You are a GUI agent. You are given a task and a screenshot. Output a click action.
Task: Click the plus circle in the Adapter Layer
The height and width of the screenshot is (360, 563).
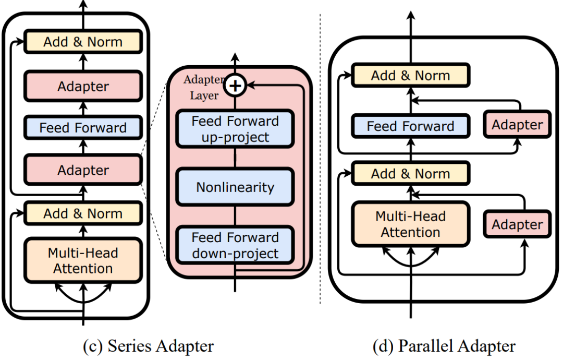pos(235,86)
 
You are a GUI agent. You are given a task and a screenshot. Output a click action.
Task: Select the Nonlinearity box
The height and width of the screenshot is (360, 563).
pos(235,187)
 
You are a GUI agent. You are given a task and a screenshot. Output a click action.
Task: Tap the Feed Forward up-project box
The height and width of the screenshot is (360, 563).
pos(235,129)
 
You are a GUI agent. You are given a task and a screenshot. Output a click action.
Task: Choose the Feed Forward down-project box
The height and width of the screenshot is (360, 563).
pos(235,245)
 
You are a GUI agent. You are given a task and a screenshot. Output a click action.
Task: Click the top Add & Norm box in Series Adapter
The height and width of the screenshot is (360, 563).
pos(83,42)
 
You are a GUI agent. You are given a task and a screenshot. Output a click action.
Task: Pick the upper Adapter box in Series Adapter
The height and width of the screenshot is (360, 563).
pos(83,86)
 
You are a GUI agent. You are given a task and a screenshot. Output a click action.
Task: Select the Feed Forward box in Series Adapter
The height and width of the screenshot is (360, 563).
pos(83,127)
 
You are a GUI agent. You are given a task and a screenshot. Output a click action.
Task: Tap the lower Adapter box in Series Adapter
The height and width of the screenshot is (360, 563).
pos(83,170)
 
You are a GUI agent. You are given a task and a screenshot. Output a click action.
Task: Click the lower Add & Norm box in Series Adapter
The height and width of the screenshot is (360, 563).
pos(83,213)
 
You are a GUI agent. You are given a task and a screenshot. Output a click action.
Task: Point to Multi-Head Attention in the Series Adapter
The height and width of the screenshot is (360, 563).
pos(83,260)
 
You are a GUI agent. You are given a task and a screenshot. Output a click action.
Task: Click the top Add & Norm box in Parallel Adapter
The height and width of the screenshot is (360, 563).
pos(410,76)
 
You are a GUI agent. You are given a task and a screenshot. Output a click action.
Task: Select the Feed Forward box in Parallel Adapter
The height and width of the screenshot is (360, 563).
pos(410,126)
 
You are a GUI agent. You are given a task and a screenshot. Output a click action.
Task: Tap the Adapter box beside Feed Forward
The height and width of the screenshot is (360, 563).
pos(517,125)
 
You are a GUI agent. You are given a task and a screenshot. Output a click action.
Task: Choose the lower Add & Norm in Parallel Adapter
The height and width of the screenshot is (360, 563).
pos(410,174)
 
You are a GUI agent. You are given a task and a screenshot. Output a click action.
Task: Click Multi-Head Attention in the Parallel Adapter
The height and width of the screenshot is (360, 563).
pos(410,224)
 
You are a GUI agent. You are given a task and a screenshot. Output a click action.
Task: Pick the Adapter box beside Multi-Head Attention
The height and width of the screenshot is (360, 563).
pos(517,224)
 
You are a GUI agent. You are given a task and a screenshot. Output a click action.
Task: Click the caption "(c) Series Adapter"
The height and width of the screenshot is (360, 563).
pos(148,346)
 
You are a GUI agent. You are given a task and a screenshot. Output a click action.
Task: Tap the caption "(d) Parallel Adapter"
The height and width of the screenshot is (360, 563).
pos(444,346)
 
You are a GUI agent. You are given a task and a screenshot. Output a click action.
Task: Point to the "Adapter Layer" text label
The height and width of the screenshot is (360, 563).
pos(204,87)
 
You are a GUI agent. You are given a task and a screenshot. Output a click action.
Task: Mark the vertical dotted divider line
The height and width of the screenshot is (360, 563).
pos(320,159)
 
